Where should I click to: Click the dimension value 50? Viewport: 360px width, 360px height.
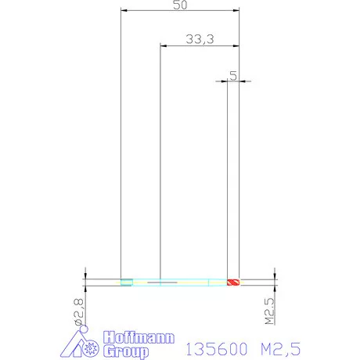pyautogui.click(x=180, y=5)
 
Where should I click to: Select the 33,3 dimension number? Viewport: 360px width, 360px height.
pyautogui.click(x=200, y=39)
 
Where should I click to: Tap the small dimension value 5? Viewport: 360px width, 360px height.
pyautogui.click(x=233, y=76)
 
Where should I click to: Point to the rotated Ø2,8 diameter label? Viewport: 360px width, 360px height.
pyautogui.click(x=79, y=312)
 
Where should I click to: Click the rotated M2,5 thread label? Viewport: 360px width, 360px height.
pyautogui.click(x=270, y=311)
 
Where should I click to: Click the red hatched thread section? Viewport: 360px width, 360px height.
pyautogui.click(x=233, y=283)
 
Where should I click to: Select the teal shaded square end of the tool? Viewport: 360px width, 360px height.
pyautogui.click(x=127, y=283)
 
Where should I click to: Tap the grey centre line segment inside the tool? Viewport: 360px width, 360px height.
pyautogui.click(x=162, y=283)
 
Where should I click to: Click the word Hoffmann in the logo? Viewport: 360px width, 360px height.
pyautogui.click(x=139, y=338)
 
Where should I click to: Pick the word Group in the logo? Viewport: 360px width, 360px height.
pyautogui.click(x=126, y=351)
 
